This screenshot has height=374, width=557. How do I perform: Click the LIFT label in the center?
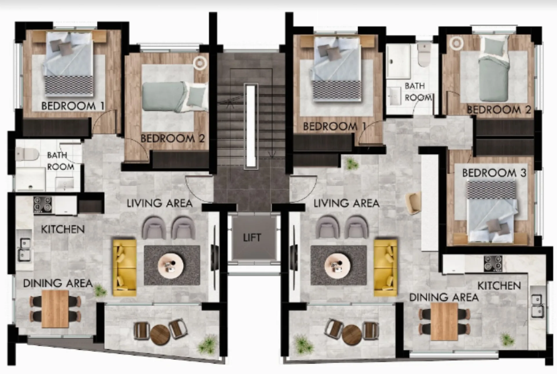[252, 238]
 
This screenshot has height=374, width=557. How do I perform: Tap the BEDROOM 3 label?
[494, 173]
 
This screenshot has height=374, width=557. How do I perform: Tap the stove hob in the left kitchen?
[43, 204]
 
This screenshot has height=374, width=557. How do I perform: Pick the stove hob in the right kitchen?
[493, 264]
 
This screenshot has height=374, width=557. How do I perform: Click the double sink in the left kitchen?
[24, 249]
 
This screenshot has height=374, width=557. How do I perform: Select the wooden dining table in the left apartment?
[55, 309]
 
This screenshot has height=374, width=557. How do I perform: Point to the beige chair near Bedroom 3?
[413, 203]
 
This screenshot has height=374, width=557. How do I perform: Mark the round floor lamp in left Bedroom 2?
[200, 62]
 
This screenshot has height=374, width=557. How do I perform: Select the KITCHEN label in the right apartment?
[499, 286]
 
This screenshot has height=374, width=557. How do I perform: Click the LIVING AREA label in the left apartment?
[160, 203]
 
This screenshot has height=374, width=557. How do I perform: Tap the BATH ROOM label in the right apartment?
[417, 92]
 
